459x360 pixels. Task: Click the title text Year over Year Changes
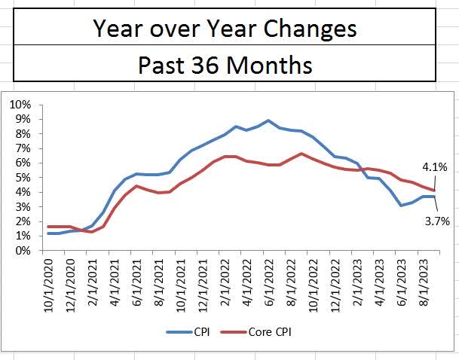(224, 29)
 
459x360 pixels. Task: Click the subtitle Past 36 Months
(224, 65)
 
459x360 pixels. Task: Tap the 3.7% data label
(438, 221)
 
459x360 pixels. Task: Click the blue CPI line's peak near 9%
(268, 121)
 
